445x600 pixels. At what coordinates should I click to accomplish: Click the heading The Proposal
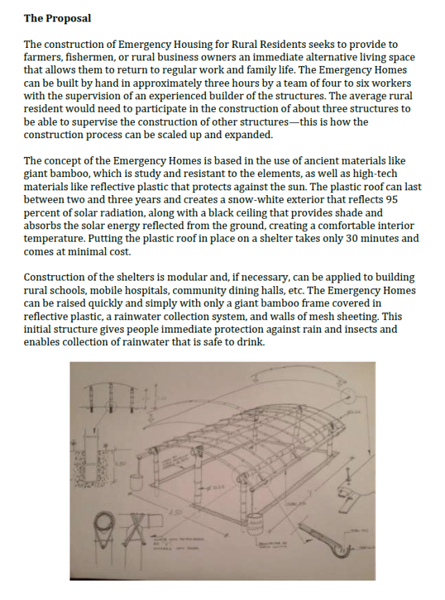pyautogui.click(x=57, y=17)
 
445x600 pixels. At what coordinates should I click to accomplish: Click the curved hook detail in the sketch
pyautogui.click(x=341, y=549)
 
